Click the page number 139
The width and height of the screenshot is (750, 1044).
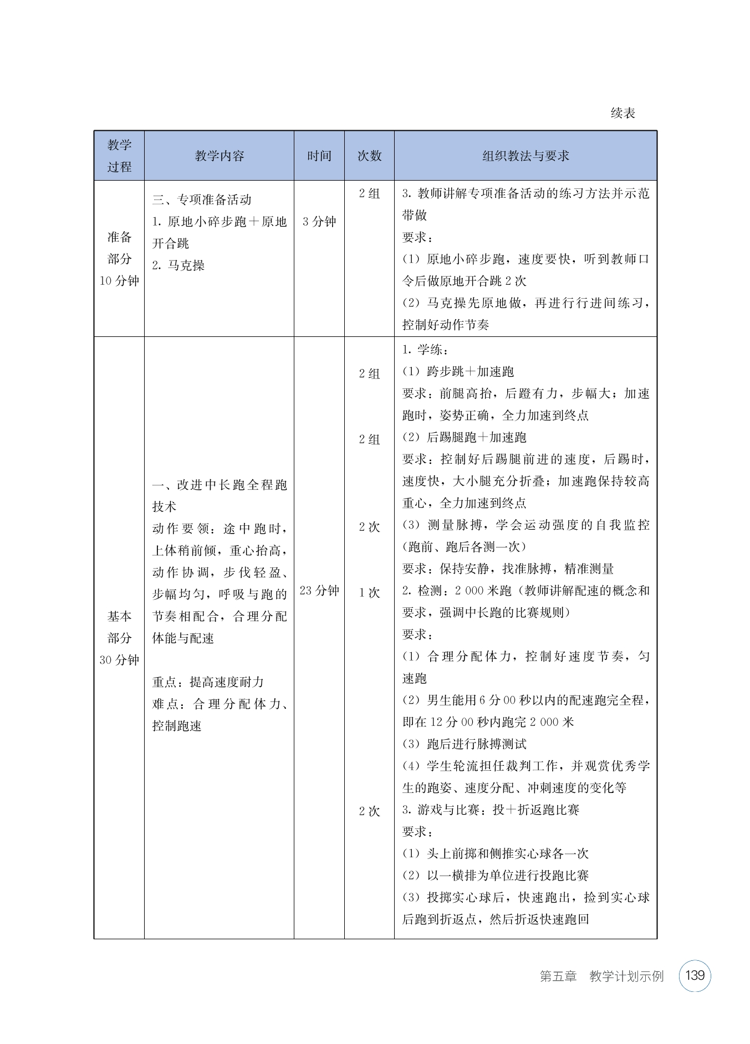tap(695, 975)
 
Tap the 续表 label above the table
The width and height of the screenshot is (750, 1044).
tap(623, 114)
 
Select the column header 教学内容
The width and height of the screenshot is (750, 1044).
tap(219, 156)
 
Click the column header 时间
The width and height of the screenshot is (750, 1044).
tap(319, 156)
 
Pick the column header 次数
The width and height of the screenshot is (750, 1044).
tap(369, 156)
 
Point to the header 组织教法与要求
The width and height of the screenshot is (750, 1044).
tap(525, 156)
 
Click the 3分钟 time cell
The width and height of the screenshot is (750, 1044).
tap(319, 222)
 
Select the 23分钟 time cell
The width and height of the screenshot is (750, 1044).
tap(319, 591)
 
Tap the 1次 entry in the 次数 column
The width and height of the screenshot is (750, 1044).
tap(369, 593)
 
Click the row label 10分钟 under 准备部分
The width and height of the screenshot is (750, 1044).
tap(119, 281)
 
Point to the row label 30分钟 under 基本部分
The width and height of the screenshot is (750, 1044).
tap(119, 660)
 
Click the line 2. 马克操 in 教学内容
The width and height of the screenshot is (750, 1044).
tap(178, 265)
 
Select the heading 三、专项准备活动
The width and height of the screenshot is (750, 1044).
tap(202, 199)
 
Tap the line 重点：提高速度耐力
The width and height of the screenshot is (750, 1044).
tap(208, 682)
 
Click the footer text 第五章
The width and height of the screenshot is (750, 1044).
tap(558, 976)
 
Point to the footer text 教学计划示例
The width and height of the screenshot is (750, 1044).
tap(626, 976)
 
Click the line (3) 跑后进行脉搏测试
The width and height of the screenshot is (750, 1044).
tap(464, 744)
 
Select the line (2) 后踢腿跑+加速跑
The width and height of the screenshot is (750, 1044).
tap(464, 437)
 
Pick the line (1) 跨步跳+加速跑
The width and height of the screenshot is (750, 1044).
tap(458, 372)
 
